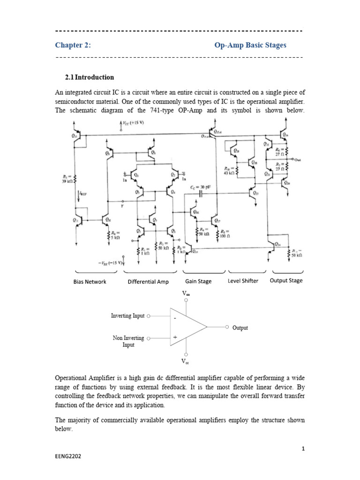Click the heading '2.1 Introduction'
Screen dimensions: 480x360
click(90, 77)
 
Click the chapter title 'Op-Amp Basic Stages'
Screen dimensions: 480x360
click(250, 45)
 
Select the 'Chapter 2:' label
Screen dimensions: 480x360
click(73, 45)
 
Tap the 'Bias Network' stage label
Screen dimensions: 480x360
click(90, 282)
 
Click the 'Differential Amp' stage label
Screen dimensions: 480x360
click(148, 282)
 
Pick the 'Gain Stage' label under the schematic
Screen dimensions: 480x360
click(198, 282)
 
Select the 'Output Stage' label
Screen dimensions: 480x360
click(286, 281)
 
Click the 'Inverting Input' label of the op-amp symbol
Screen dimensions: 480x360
click(127, 316)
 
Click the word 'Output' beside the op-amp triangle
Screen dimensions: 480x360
click(240, 328)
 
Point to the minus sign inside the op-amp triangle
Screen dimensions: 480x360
click(175, 318)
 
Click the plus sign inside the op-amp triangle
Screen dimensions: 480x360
click(175, 337)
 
